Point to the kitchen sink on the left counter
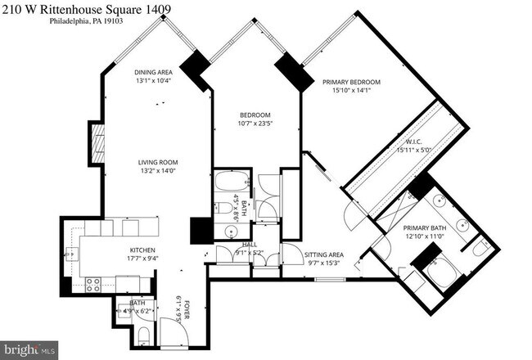(x=72, y=255)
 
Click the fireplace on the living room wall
(x=96, y=145)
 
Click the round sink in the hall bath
(x=223, y=232)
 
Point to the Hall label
(x=249, y=245)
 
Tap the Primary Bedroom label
(x=351, y=82)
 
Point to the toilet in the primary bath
(x=480, y=245)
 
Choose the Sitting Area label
(x=323, y=254)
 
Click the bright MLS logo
(x=29, y=349)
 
